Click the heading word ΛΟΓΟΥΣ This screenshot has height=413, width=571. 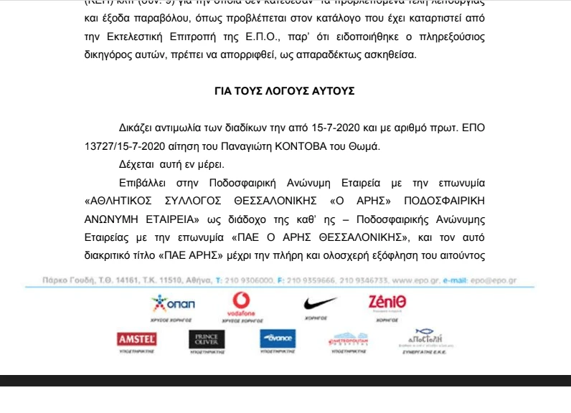click(x=284, y=92)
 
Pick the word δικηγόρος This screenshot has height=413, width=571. click(x=107, y=54)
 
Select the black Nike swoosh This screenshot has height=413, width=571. click(x=320, y=303)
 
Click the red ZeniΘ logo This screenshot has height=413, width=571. click(x=387, y=303)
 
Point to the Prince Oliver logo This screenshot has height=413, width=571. click(x=206, y=339)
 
